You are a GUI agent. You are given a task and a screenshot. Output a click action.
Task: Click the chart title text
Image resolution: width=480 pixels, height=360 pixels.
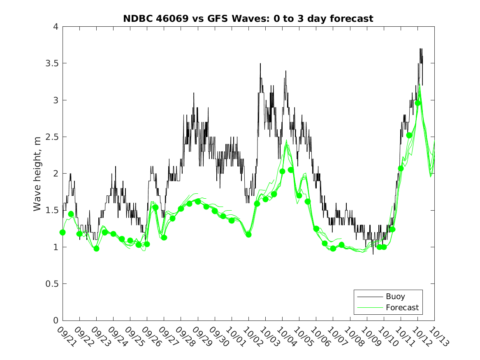pos(248,19)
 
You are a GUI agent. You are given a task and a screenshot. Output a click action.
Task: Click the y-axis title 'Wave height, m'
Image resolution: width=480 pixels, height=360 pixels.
pos(37,174)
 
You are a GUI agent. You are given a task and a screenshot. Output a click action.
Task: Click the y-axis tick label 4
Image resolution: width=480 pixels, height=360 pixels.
pos(56,27)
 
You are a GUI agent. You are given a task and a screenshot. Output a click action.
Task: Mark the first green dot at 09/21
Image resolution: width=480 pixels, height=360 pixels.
pos(63,232)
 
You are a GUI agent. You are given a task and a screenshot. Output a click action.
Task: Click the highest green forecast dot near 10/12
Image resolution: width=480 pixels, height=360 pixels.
pos(418,103)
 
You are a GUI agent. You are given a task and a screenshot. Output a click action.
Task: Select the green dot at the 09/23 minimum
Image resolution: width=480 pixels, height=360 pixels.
pos(96,249)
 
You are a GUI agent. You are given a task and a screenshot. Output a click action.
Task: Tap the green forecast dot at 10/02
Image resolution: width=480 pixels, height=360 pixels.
pos(248,235)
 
